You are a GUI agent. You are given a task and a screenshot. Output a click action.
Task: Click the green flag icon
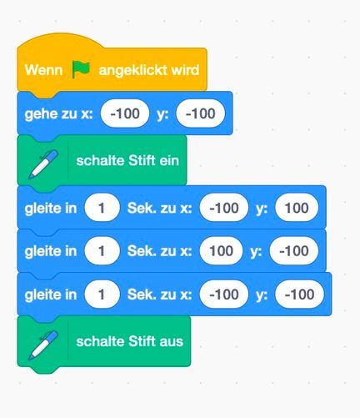(x=81, y=69)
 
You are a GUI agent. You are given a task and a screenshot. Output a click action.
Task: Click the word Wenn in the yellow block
(x=43, y=69)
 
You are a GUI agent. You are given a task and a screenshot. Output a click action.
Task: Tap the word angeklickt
(x=132, y=70)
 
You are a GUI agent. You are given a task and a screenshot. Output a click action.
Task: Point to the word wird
(x=185, y=69)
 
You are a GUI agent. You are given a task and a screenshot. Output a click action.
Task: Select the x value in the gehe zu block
(x=125, y=113)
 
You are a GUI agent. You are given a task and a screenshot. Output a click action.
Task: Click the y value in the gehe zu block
(x=200, y=113)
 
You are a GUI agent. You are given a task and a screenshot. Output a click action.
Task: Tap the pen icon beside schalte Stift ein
(x=43, y=164)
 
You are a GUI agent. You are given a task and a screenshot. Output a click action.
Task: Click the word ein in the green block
(x=169, y=160)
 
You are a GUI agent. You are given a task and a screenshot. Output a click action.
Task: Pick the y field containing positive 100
(x=297, y=208)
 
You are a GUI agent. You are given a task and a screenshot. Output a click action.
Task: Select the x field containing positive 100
(x=221, y=251)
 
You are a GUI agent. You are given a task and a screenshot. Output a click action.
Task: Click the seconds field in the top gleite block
(x=102, y=208)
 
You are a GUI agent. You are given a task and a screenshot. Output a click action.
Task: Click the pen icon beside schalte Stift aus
(x=43, y=345)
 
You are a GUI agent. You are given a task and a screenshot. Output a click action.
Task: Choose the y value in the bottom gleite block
(x=299, y=295)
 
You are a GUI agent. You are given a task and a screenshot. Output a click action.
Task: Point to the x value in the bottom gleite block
(x=224, y=295)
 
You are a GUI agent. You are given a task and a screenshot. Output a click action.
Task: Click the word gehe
(x=38, y=114)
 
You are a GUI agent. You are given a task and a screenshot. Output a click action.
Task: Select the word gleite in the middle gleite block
(x=51, y=251)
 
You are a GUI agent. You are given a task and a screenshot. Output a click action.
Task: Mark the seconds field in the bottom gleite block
(x=102, y=295)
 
